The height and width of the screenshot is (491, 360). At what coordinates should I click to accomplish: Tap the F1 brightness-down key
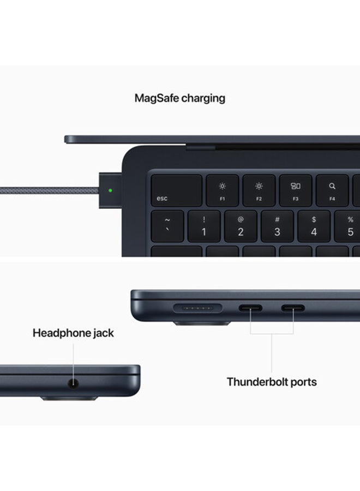click(x=222, y=191)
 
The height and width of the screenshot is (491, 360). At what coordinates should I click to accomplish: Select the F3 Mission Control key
click(x=295, y=191)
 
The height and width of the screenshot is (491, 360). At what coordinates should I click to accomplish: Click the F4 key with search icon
click(x=332, y=191)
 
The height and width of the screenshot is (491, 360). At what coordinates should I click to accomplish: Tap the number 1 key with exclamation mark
click(x=204, y=226)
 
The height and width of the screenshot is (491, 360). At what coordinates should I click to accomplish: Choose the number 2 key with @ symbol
click(x=241, y=226)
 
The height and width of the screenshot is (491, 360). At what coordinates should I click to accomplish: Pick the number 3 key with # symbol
click(x=277, y=226)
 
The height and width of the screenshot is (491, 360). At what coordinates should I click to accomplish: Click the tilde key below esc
click(x=167, y=226)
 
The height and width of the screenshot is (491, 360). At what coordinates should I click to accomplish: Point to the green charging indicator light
click(x=111, y=191)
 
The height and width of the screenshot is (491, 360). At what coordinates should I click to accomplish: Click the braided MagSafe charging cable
click(x=49, y=191)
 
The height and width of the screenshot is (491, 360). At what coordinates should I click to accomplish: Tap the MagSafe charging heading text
click(x=179, y=99)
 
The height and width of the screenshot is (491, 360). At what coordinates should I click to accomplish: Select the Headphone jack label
click(x=73, y=333)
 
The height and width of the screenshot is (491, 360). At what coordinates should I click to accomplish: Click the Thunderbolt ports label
click(x=272, y=382)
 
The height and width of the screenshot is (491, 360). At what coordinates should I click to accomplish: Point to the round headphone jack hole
click(x=73, y=383)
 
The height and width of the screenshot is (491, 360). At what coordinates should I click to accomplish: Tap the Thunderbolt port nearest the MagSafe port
click(x=250, y=308)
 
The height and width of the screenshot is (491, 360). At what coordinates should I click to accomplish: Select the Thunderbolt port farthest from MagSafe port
click(x=293, y=308)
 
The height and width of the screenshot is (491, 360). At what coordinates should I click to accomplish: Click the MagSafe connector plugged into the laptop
click(x=110, y=191)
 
